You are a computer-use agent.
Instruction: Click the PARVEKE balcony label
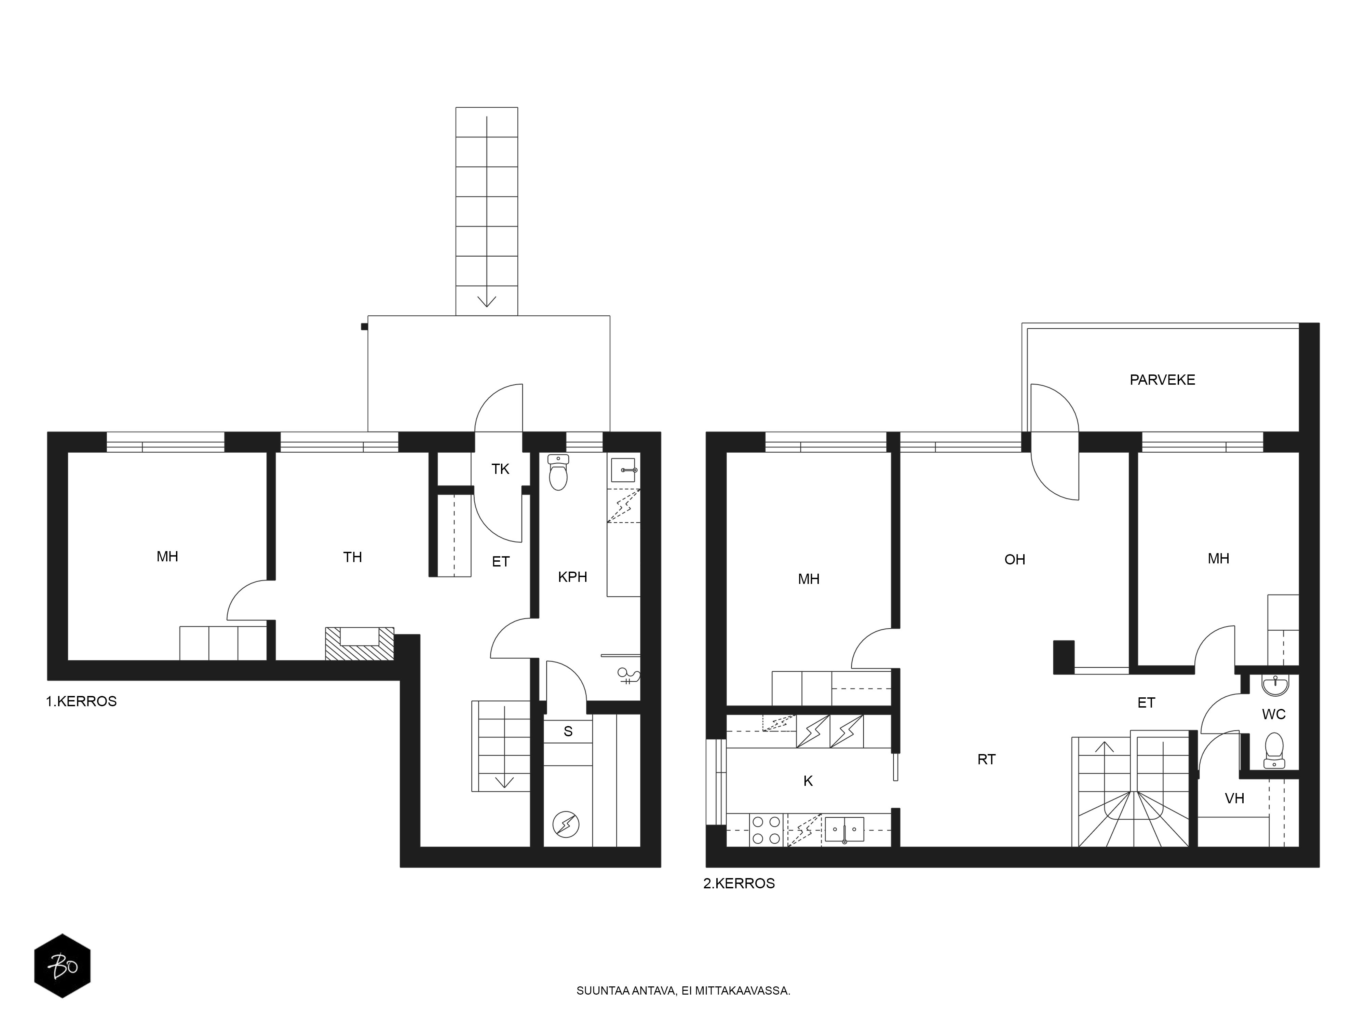pos(1162,380)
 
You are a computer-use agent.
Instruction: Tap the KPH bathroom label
pos(572,577)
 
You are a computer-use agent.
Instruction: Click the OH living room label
pos(1015,560)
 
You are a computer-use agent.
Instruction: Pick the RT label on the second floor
pos(986,759)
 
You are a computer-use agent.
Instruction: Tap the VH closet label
pos(1234,798)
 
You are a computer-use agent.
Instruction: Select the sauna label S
pos(568,732)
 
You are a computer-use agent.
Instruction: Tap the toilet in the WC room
pos(1274,750)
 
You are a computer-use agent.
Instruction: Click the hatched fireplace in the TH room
pos(360,643)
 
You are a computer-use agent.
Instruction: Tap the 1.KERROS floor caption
pos(81,701)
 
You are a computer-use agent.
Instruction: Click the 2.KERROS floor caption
pos(739,884)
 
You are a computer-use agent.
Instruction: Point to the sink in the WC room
pos(1275,685)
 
